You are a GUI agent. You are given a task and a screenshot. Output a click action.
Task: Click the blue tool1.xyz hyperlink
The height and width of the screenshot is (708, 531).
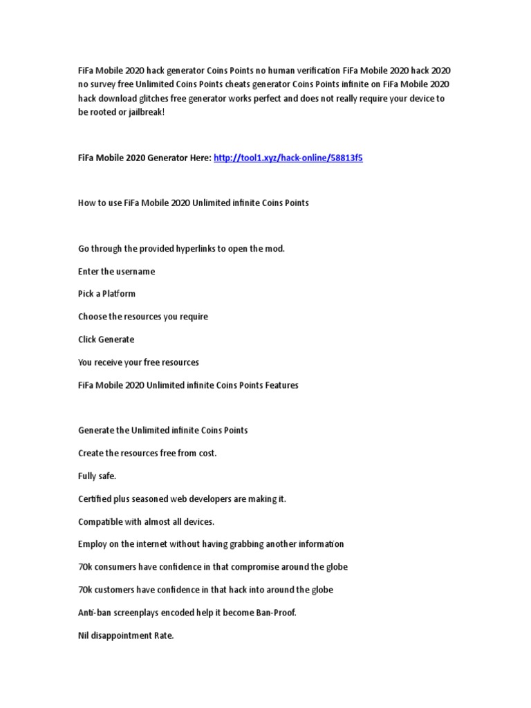pos(288,158)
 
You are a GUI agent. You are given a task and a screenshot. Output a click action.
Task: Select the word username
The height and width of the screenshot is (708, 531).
pos(136,271)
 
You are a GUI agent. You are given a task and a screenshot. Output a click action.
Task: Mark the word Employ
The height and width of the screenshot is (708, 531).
pos(93,544)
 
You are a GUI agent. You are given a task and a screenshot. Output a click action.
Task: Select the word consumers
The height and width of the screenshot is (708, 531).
pos(118,567)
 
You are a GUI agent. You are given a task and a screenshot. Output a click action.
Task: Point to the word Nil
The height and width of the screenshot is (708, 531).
pos(84,635)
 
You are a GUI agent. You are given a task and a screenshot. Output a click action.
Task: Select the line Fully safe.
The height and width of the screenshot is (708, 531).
pos(97,476)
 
